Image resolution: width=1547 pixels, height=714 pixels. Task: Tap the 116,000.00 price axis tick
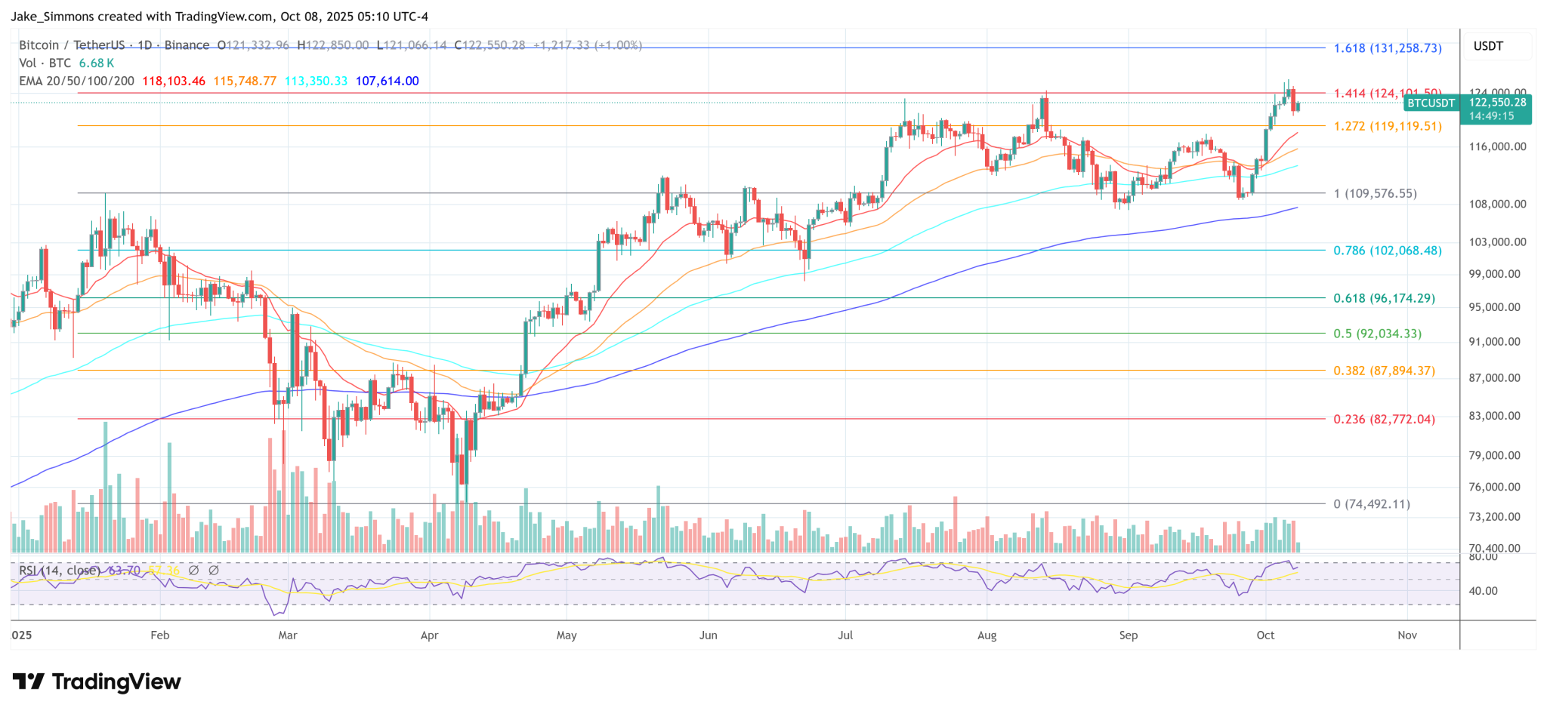point(1497,146)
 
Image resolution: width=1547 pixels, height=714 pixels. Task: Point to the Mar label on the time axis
point(288,636)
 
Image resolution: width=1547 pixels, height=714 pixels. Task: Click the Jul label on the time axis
point(845,636)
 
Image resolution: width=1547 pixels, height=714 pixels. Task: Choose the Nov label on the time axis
point(1407,636)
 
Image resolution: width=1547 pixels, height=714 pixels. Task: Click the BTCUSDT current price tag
point(1430,103)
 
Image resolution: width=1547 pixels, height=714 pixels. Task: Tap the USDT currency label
point(1488,47)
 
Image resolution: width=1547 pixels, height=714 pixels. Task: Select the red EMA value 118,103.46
point(174,82)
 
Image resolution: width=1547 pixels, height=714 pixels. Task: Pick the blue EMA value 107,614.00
point(387,82)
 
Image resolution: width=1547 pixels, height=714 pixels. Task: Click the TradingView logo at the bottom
point(97,682)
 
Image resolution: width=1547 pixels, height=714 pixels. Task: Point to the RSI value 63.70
point(125,571)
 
